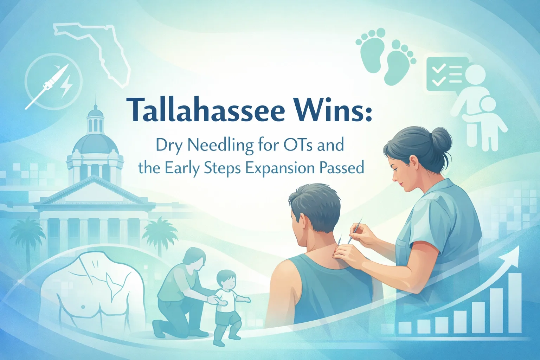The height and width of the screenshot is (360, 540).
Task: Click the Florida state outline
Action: (x=102, y=49)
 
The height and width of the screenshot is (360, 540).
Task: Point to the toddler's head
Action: (x=226, y=280)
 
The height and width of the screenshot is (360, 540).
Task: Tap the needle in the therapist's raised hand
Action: (x=356, y=229)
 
